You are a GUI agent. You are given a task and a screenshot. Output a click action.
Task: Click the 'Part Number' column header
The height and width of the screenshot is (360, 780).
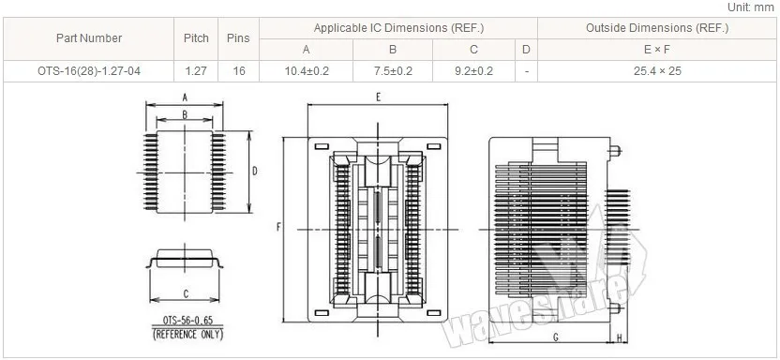[89, 38]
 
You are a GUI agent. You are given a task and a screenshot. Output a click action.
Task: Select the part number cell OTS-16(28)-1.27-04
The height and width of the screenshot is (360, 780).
[89, 71]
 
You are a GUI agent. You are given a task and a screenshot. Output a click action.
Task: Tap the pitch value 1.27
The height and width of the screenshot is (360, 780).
[196, 71]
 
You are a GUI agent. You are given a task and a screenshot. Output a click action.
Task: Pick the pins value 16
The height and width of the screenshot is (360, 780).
[239, 71]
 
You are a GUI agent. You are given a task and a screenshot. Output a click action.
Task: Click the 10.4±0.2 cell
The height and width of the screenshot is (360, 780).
[307, 71]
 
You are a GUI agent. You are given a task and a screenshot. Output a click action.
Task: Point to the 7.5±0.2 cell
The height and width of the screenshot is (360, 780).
[393, 71]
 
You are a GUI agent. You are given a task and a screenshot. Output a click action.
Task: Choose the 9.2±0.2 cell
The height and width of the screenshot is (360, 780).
[473, 71]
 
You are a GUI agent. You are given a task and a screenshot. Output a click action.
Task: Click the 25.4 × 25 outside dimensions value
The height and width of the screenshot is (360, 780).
[657, 71]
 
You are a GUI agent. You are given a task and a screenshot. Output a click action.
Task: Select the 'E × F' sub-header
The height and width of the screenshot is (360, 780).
[657, 50]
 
